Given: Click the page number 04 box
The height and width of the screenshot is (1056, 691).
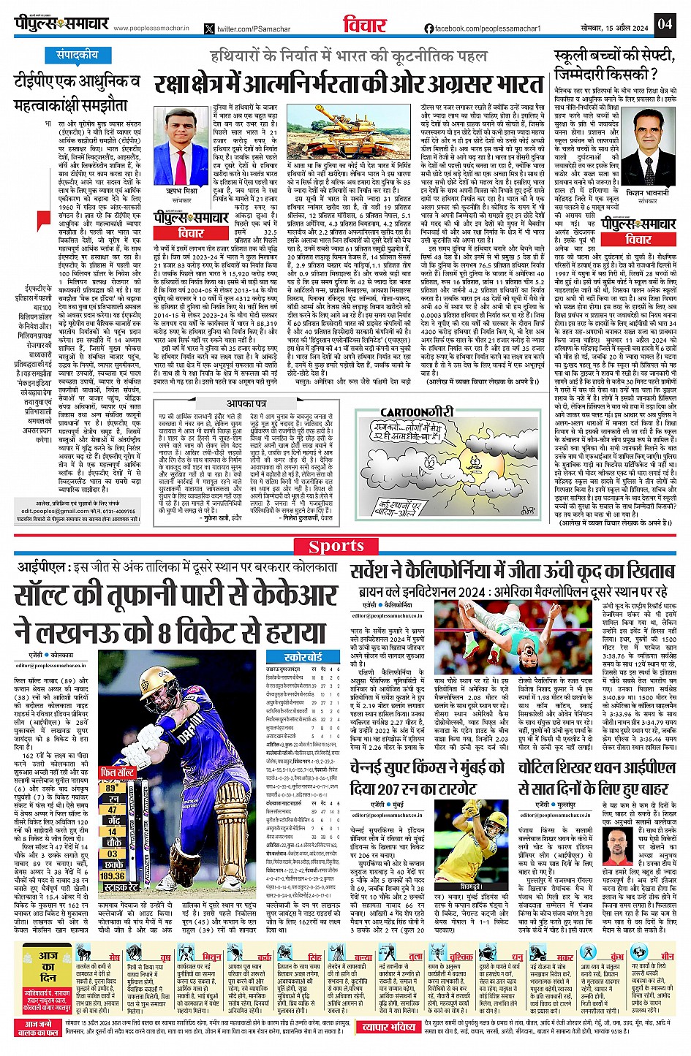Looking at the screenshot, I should click(664, 23).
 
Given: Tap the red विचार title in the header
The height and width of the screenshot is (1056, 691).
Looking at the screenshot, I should click(364, 24).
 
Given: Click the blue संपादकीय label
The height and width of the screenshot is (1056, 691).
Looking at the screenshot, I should click(78, 55).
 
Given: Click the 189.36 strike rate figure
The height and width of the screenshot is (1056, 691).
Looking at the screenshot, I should click(113, 875).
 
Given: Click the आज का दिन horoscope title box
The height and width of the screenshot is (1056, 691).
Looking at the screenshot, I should click(48, 967).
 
